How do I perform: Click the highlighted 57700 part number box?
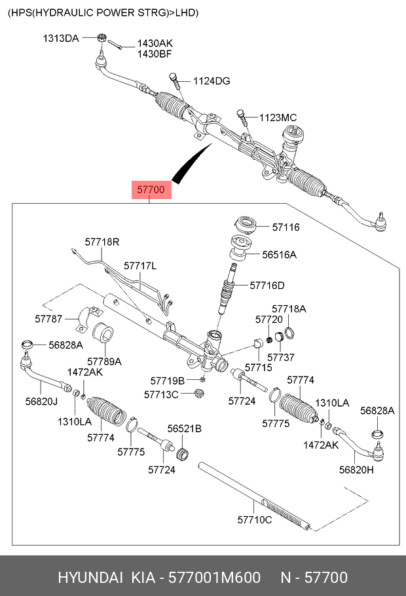point(151,189)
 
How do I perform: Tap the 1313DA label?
point(61,39)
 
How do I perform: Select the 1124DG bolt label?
point(212,81)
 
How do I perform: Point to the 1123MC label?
point(278,117)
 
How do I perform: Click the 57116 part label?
point(286,227)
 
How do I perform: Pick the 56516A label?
point(279,255)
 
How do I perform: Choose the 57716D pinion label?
point(267,286)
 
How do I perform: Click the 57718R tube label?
point(102,242)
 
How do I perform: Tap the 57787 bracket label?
point(48,319)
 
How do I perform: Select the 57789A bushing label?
point(104,361)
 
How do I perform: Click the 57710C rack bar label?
point(255,519)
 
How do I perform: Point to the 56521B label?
point(185,429)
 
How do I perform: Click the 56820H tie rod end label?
point(356,470)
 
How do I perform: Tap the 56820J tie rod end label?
point(41,401)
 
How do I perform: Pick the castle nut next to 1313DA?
point(101,37)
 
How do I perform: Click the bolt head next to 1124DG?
point(173,76)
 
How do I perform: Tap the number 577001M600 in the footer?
point(214,578)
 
